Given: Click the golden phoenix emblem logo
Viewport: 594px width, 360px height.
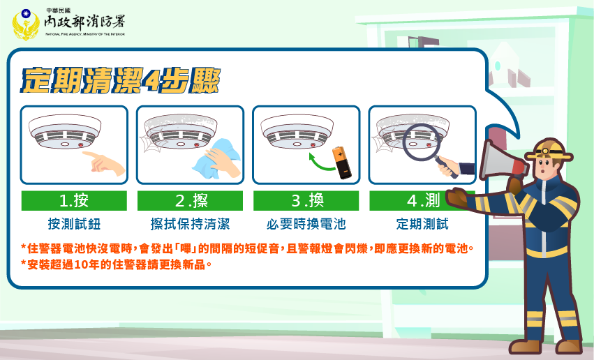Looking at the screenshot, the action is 26,24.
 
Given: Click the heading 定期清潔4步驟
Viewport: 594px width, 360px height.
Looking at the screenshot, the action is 120,80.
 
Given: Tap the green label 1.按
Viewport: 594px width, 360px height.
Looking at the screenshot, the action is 74,201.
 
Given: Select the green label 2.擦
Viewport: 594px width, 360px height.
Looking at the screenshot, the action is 190,201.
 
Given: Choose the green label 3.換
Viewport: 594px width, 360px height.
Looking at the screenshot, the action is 306,201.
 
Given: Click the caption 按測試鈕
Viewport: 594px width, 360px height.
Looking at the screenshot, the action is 74,224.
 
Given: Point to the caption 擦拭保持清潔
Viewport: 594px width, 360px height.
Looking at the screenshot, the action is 190,224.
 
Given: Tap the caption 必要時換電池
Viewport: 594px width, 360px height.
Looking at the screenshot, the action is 306,224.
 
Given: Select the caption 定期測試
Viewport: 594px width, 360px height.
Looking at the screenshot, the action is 422,224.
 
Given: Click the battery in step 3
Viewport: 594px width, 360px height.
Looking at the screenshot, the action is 342,163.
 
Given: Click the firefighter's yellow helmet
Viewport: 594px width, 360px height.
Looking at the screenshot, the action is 549,149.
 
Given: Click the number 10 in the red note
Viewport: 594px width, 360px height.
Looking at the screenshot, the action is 81,264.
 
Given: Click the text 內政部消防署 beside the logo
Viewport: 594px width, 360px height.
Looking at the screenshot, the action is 84,22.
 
